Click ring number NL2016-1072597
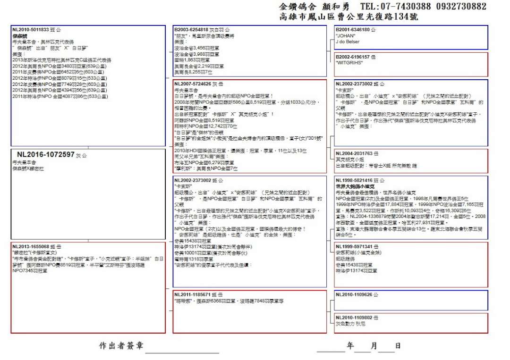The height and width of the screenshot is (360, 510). pyautogui.click(x=46, y=154)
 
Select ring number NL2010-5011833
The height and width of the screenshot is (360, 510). pyautogui.click(x=30, y=30)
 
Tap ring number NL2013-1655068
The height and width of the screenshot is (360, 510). pyautogui.click(x=30, y=247)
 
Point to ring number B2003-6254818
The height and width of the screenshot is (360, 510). pyautogui.click(x=192, y=30)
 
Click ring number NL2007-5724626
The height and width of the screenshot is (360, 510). pyautogui.click(x=192, y=84)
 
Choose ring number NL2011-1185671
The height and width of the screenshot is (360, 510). pyautogui.click(x=192, y=294)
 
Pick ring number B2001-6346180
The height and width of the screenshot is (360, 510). pyautogui.click(x=352, y=30)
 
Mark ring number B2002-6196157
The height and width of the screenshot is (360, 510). pyautogui.click(x=352, y=56)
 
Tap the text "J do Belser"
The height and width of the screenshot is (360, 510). pyautogui.click(x=348, y=42)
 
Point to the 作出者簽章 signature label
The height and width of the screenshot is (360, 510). pyautogui.click(x=121, y=346)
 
